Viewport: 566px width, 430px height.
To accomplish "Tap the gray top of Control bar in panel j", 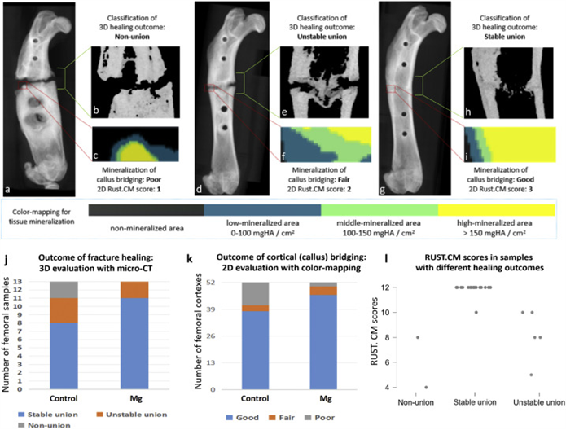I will point(65,290).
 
